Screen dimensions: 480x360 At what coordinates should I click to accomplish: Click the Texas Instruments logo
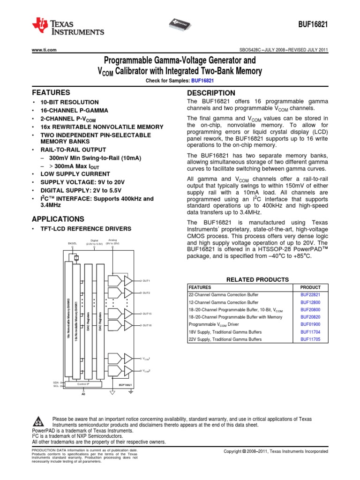[68, 28]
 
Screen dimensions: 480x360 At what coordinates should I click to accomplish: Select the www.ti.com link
[44, 50]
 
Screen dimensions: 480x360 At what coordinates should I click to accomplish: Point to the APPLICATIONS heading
[58, 219]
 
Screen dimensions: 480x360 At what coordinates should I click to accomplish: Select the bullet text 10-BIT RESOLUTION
[69, 102]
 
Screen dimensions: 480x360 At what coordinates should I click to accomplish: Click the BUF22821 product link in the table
[310, 295]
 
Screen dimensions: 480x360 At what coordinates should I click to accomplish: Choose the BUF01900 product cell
[310, 324]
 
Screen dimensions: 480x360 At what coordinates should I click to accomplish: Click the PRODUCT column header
[310, 287]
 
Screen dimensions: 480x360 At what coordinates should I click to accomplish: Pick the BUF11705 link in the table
[310, 338]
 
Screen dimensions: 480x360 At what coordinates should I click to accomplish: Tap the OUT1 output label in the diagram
[146, 281]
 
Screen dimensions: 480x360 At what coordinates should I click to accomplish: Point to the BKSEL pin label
[72, 244]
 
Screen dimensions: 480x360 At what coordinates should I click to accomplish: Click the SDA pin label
[56, 382]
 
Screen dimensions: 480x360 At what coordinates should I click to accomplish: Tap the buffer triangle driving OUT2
[128, 293]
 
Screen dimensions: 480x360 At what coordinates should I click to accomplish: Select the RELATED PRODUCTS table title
[257, 279]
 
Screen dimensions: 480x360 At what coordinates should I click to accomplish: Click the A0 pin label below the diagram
[84, 394]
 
